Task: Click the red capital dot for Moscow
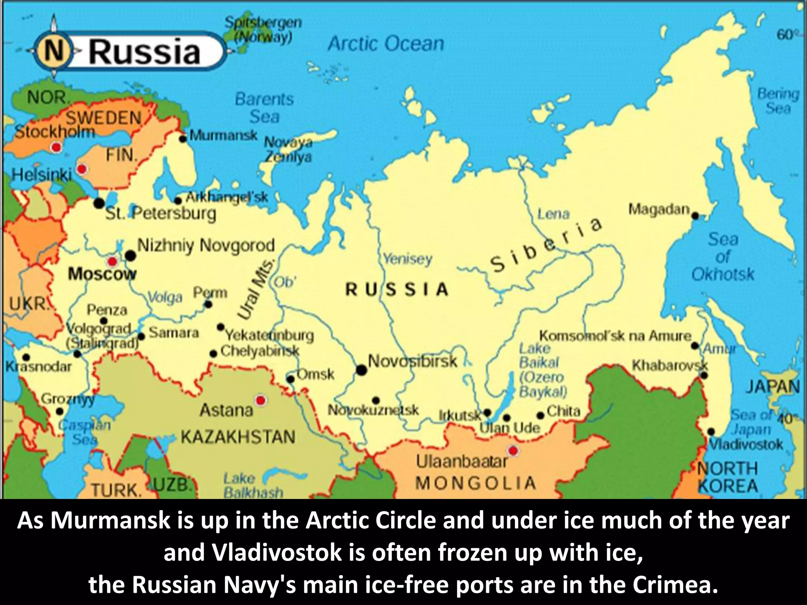(x=113, y=261)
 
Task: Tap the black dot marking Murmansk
(x=183, y=139)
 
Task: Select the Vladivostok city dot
(x=711, y=431)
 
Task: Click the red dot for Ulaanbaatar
(x=513, y=450)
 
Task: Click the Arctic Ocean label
(x=385, y=43)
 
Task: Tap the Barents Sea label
(x=264, y=108)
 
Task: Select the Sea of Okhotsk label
(x=723, y=257)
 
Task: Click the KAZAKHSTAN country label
(x=238, y=437)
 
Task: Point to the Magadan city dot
(x=695, y=215)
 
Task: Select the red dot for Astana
(x=260, y=401)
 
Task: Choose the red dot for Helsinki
(x=82, y=169)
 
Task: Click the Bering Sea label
(x=778, y=101)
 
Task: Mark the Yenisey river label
(x=407, y=259)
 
